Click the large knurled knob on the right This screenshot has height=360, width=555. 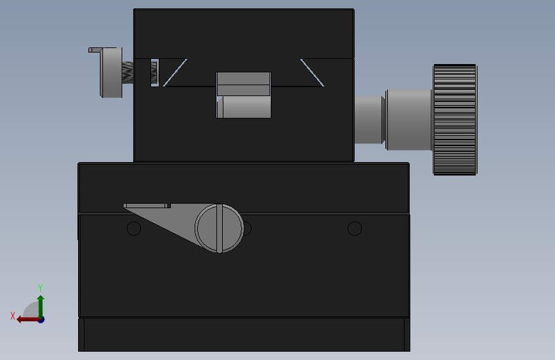(x=455, y=120)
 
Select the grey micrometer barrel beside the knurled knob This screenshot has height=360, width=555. (x=409, y=120)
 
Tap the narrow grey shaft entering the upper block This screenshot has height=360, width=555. (x=369, y=120)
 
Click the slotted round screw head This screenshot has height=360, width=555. (x=220, y=228)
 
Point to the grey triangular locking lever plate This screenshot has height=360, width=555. (x=166, y=220)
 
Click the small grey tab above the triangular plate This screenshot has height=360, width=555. (x=147, y=206)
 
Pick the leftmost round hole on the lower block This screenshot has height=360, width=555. (x=134, y=229)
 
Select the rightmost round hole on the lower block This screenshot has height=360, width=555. (x=355, y=229)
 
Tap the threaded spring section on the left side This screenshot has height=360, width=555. (x=128, y=72)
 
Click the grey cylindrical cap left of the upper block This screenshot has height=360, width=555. (x=111, y=72)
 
